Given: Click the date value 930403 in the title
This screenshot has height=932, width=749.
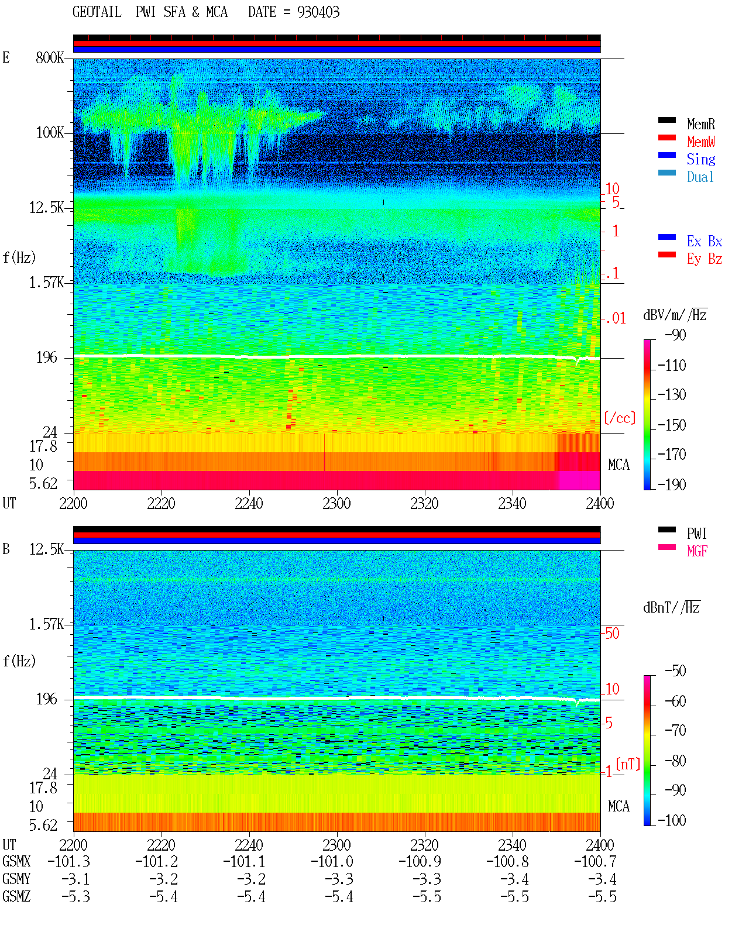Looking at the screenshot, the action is coord(318,12).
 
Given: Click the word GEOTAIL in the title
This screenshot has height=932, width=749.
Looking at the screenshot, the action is coord(97,12).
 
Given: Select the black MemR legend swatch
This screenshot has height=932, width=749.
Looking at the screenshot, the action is coord(666,120).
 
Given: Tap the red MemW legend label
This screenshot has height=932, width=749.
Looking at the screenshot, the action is coord(701,142).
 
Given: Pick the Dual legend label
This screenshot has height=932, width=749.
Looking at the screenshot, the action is coord(700,177).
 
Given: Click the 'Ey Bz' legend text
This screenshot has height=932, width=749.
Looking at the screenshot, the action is coord(705,259).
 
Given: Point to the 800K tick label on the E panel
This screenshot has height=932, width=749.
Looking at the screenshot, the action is coord(50,57).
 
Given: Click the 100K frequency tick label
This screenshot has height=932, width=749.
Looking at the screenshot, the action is coord(50,133).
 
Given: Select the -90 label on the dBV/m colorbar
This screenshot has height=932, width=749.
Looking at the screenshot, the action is coord(675,335).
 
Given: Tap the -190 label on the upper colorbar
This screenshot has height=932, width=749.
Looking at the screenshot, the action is coord(672,484).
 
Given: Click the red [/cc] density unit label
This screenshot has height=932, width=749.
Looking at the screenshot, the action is coord(620,418).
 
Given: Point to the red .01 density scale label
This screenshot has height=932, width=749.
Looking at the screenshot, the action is coord(616,319).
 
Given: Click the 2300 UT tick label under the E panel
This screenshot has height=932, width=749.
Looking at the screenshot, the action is coord(336,504).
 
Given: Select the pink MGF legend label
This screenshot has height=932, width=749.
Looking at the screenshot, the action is coord(698,551).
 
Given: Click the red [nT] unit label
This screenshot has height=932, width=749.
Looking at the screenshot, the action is coord(628,764).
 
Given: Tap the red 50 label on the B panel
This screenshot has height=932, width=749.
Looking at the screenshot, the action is coord(612,634).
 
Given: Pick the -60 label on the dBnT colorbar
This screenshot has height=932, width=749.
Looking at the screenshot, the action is coord(675,701).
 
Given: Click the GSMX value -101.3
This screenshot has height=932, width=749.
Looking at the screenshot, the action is coord(69,862).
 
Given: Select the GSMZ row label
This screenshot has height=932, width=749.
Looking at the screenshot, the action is coord(16,896).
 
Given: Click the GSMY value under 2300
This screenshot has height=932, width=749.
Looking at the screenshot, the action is coord(339,879).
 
